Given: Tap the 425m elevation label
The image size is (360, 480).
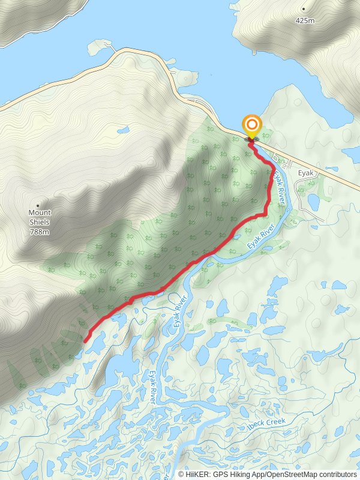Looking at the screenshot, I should pyautogui.click(x=305, y=20).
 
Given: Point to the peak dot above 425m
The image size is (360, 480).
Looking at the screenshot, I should pyautogui.click(x=304, y=9).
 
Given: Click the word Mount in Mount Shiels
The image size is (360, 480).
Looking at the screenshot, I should pyautogui.click(x=40, y=213).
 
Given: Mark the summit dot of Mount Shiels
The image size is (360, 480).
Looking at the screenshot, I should pyautogui.click(x=38, y=205).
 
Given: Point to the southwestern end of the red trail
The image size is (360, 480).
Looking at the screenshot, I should pyautogui.click(x=85, y=341).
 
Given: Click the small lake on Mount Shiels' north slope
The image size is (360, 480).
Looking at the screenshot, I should pyautogui.click(x=124, y=130).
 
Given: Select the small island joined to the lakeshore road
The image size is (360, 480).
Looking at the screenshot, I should pyautogui.click(x=99, y=46).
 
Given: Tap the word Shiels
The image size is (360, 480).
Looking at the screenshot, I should pyautogui.click(x=39, y=222).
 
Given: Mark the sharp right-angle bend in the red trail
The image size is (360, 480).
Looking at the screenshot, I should pyautogui.click(x=266, y=214).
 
